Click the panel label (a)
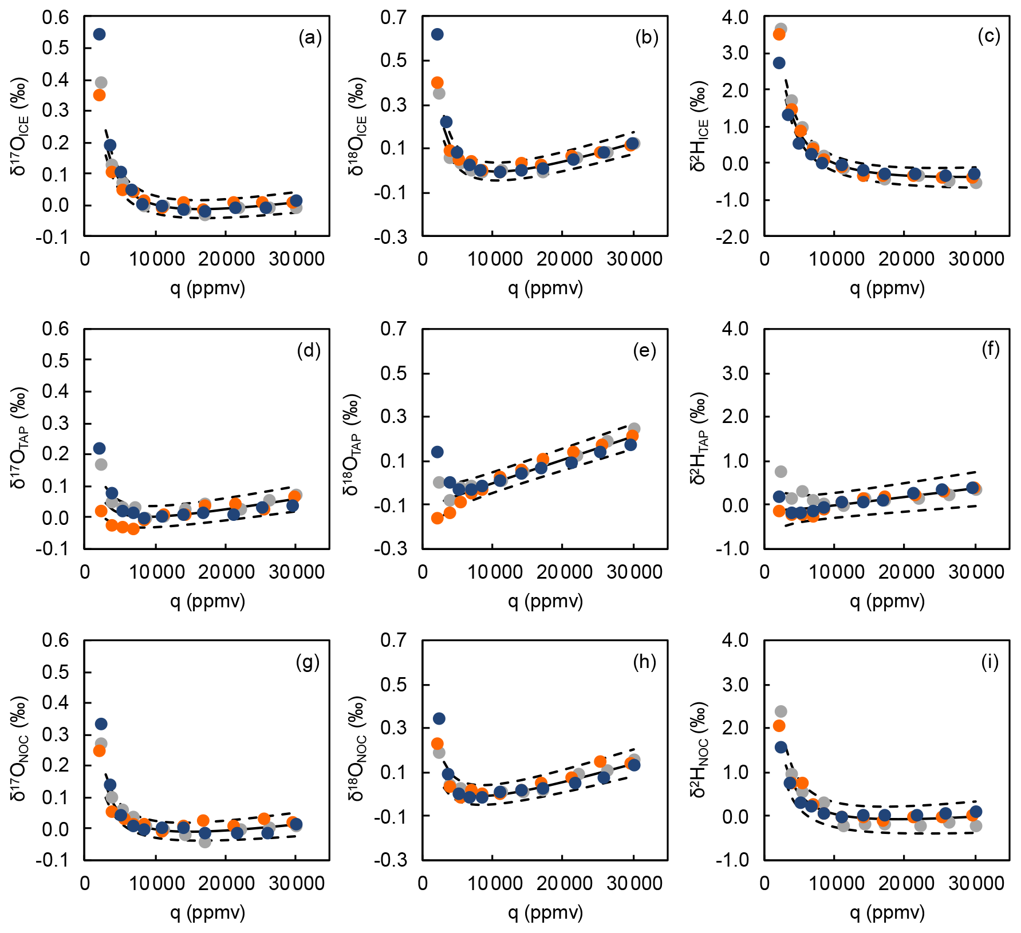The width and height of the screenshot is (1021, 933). (x=310, y=38)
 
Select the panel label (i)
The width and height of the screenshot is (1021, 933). (x=990, y=662)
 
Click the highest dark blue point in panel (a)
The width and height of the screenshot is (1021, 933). (x=99, y=34)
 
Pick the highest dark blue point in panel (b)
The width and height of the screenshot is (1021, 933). (x=437, y=34)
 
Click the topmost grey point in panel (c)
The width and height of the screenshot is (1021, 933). (x=780, y=29)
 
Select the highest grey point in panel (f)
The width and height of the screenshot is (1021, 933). (x=780, y=472)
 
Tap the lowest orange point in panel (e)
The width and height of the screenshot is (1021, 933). (x=437, y=518)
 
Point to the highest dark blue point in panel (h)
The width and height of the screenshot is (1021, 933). (x=439, y=718)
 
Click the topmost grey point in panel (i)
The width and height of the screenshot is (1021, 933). (x=780, y=711)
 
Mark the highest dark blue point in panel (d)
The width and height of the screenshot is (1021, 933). (x=99, y=448)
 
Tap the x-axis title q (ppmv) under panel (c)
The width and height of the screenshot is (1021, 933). (x=887, y=288)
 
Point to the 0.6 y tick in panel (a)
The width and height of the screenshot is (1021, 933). (x=55, y=18)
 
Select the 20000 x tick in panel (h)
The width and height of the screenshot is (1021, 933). (x=565, y=884)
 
